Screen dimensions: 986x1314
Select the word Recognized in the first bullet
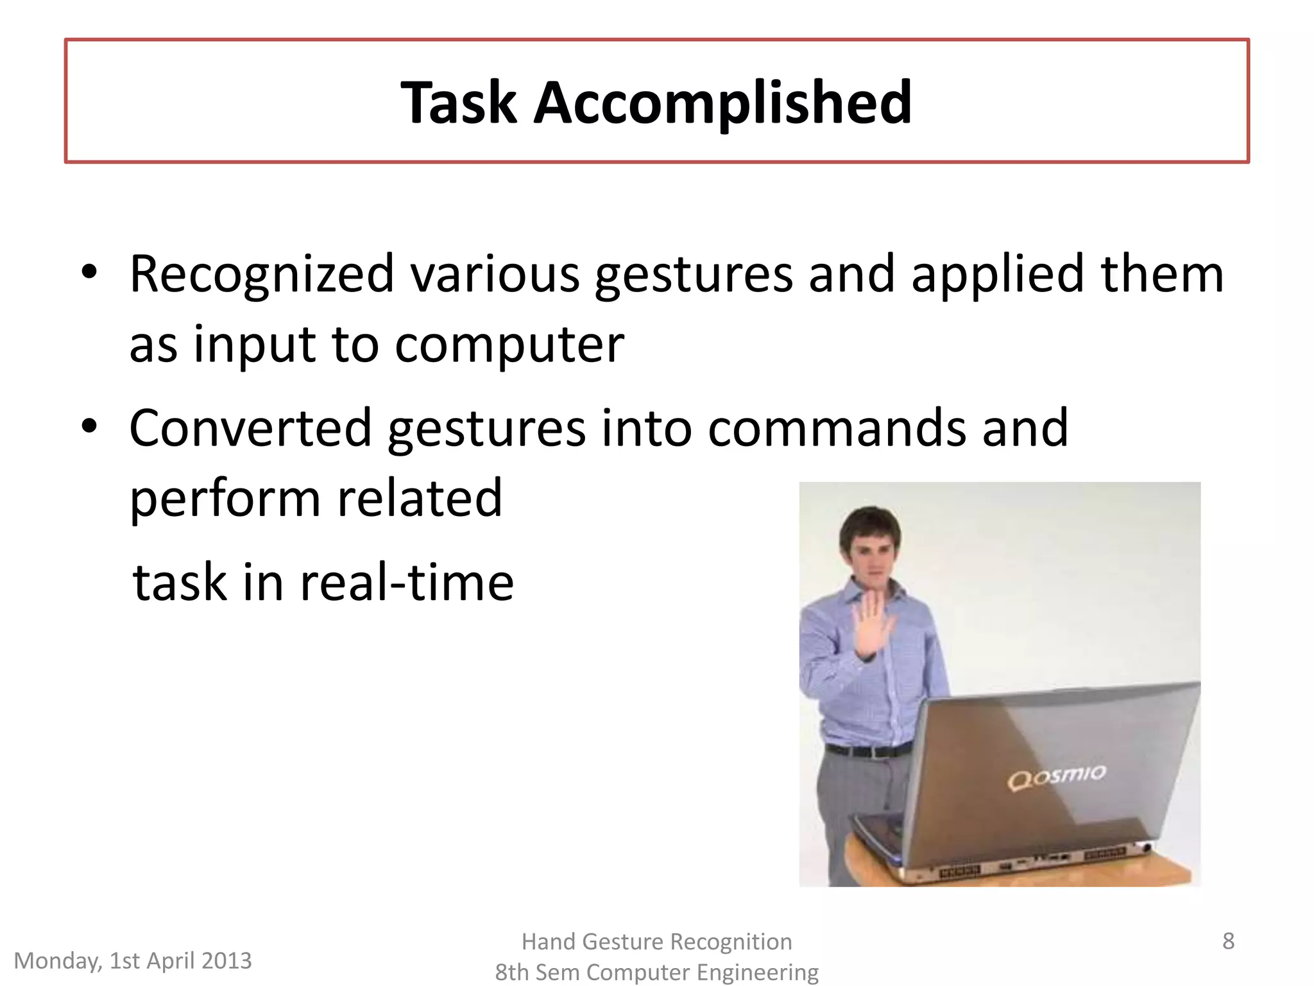tap(262, 275)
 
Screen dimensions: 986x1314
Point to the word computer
tap(509, 345)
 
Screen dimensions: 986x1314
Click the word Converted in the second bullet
tap(250, 428)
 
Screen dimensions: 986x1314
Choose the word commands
tap(836, 428)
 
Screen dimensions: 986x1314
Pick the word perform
tap(225, 499)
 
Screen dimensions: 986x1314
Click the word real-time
tap(407, 582)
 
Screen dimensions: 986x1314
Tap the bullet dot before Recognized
tap(89, 272)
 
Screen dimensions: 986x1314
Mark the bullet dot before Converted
tap(89, 426)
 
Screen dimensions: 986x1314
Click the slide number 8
tap(1228, 941)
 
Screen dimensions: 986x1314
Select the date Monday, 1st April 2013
tap(133, 961)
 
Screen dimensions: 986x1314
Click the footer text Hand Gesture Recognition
tap(656, 942)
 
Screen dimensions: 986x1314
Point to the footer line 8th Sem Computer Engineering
tap(656, 973)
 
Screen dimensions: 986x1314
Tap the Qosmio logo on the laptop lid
tap(1056, 776)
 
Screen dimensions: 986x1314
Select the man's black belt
tap(867, 750)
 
